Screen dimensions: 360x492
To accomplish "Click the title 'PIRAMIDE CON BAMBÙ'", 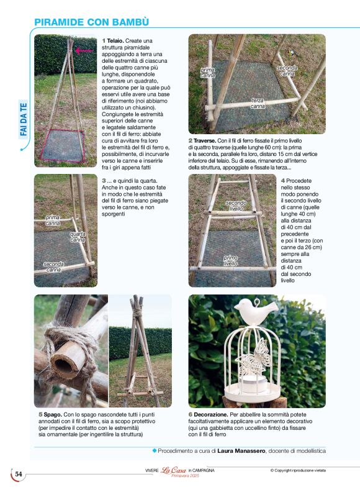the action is tap(91, 22).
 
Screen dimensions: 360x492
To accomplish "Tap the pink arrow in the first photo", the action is tap(84, 50).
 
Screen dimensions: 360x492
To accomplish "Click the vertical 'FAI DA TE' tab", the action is tap(24, 119).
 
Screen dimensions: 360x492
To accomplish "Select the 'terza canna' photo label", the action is tap(258, 104).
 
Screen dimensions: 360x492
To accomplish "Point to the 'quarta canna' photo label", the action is tap(78, 237).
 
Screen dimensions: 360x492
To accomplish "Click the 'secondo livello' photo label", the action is tap(236, 206).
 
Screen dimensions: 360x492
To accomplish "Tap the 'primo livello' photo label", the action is tap(230, 260).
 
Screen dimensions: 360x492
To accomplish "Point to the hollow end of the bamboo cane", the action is tap(64, 364).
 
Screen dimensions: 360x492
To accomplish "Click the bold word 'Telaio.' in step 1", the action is tap(115, 41).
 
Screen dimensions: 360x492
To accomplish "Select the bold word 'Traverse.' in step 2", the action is tap(204, 141).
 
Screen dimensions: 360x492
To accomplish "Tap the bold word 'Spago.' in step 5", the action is tap(53, 415).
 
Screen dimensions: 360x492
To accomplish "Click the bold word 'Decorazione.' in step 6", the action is tap(211, 415).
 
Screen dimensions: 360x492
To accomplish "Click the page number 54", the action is tap(19, 474).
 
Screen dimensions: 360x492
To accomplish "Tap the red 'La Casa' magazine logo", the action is tap(173, 470).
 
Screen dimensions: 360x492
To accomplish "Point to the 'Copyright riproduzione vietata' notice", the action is tap(298, 470).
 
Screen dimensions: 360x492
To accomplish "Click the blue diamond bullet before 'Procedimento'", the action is tap(155, 450).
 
